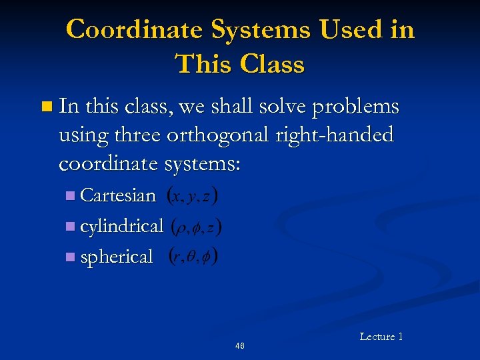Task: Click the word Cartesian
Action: point(118,195)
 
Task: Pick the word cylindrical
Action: point(121,227)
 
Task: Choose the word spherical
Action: point(117,257)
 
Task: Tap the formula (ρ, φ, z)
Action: point(197,227)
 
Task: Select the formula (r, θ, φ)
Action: point(194,257)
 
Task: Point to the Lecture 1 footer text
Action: point(381,337)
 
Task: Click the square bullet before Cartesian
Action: point(71,196)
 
